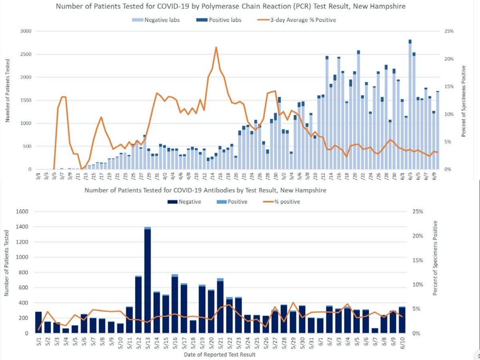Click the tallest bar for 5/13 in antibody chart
(148, 280)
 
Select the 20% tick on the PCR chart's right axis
(448, 59)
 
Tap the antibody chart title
(205, 190)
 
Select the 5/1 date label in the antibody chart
(38, 341)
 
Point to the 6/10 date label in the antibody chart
(402, 341)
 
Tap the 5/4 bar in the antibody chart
(66, 331)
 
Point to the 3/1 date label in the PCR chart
(38, 176)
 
